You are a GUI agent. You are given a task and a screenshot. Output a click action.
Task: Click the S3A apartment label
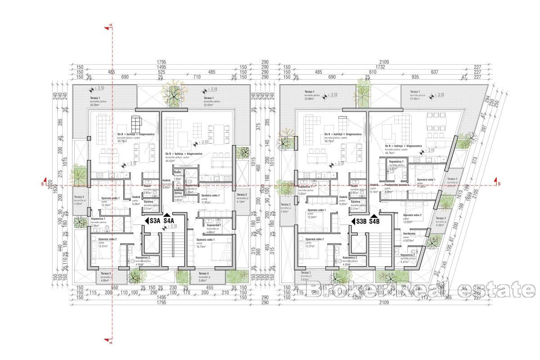tap(155, 221)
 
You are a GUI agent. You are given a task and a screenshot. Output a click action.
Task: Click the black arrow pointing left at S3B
tap(352, 221)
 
